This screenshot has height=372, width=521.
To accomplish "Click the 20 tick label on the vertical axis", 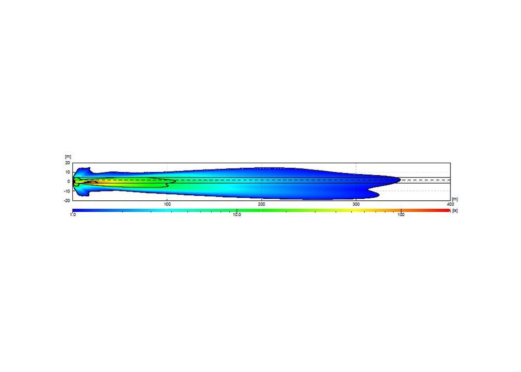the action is click(68, 163).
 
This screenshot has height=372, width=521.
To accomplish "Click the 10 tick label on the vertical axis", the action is click(68, 172).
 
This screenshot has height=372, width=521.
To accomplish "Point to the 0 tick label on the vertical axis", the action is click(69, 182).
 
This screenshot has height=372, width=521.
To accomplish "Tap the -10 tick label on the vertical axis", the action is click(67, 191).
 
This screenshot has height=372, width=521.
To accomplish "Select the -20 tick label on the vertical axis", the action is click(67, 200).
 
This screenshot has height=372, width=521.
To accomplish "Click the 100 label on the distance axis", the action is click(167, 204).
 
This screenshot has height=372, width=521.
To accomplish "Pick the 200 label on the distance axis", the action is click(261, 204).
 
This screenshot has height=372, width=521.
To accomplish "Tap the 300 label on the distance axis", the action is click(356, 204).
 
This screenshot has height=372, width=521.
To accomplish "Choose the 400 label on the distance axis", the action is click(450, 204).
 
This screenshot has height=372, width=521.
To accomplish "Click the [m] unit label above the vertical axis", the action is click(68, 157).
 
